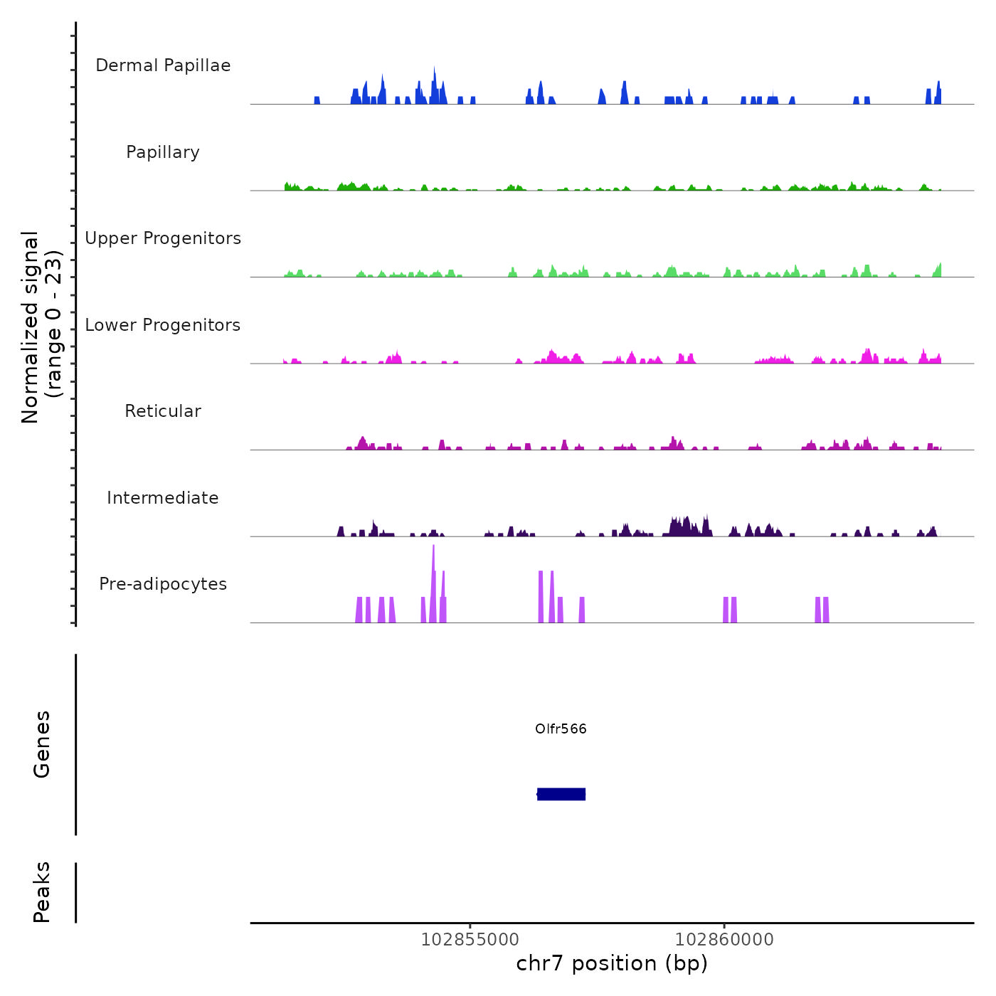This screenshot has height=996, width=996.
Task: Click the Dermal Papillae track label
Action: [163, 65]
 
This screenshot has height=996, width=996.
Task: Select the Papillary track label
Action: [163, 152]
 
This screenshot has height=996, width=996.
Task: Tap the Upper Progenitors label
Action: [163, 238]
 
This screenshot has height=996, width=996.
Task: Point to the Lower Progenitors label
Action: [163, 325]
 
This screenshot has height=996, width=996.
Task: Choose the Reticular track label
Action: [163, 411]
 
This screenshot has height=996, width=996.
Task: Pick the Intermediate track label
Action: [163, 498]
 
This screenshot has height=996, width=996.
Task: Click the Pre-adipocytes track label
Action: [163, 584]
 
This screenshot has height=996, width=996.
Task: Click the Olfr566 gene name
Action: [561, 729]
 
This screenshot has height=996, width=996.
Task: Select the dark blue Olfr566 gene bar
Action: [561, 794]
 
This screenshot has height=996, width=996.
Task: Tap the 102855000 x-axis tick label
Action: [470, 939]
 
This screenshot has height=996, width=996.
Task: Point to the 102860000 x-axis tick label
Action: [724, 939]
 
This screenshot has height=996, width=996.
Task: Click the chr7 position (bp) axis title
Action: [612, 964]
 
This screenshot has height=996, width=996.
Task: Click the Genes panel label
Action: [42, 744]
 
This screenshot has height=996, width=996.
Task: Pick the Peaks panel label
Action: [42, 892]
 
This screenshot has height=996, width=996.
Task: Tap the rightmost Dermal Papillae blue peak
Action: [938, 94]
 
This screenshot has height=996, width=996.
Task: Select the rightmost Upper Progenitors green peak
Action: [939, 270]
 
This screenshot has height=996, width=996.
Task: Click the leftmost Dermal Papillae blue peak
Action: [317, 100]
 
